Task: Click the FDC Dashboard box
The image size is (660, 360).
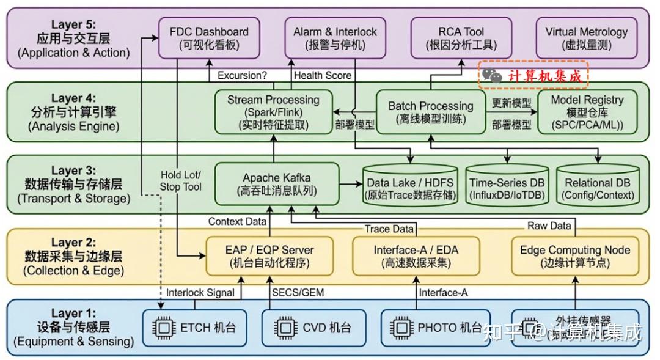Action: click(208, 38)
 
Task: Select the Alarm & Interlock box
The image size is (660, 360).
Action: click(335, 38)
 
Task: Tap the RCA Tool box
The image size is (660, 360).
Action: click(461, 38)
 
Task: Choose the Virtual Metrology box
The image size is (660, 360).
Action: click(586, 38)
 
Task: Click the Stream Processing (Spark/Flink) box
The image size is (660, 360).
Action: click(273, 112)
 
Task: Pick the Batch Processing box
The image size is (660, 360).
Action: click(430, 112)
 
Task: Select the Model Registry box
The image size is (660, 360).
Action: click(587, 112)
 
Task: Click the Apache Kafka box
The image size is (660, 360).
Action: click(276, 184)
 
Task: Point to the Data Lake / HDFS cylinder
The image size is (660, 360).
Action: click(410, 187)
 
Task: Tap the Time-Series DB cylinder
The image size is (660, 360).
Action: click(507, 187)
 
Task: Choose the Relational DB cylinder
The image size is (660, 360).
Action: click(597, 187)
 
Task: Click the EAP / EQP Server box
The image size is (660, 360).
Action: click(269, 256)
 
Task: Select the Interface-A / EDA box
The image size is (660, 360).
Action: click(416, 256)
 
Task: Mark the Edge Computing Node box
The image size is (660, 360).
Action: click(574, 256)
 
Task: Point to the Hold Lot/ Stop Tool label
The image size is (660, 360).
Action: click(180, 181)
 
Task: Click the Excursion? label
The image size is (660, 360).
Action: click(242, 75)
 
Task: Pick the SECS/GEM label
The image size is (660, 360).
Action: click(297, 293)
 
